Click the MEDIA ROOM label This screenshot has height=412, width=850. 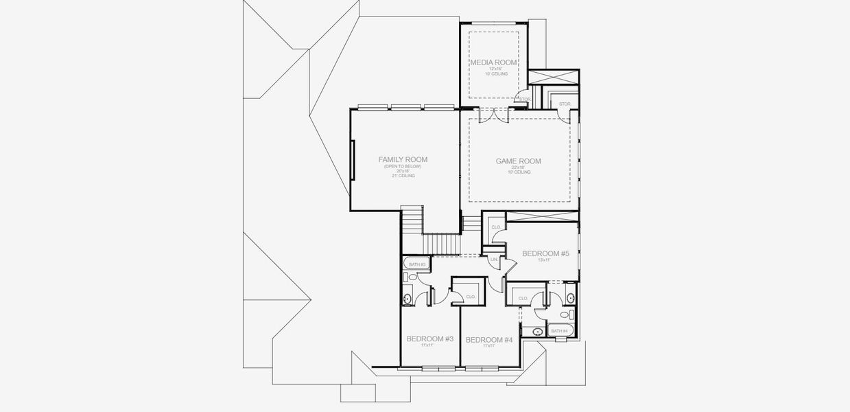pyautogui.click(x=493, y=62)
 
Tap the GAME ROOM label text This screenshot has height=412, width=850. pyautogui.click(x=518, y=161)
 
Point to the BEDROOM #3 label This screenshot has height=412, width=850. pyautogui.click(x=430, y=339)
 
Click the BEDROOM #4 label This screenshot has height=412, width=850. pyautogui.click(x=488, y=340)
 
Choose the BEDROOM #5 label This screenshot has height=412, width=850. pyautogui.click(x=545, y=253)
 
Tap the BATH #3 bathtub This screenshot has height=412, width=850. pyautogui.click(x=418, y=264)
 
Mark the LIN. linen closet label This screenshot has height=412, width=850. pyautogui.click(x=494, y=260)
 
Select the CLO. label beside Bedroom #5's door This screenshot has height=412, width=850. pyautogui.click(x=497, y=227)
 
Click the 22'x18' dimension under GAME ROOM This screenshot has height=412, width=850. pyautogui.click(x=518, y=168)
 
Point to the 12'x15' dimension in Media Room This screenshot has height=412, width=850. pyautogui.click(x=496, y=69)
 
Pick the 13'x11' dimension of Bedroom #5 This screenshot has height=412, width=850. pyautogui.click(x=545, y=260)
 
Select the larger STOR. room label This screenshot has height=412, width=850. pyautogui.click(x=565, y=104)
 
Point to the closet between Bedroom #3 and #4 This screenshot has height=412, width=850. pyautogui.click(x=471, y=297)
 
